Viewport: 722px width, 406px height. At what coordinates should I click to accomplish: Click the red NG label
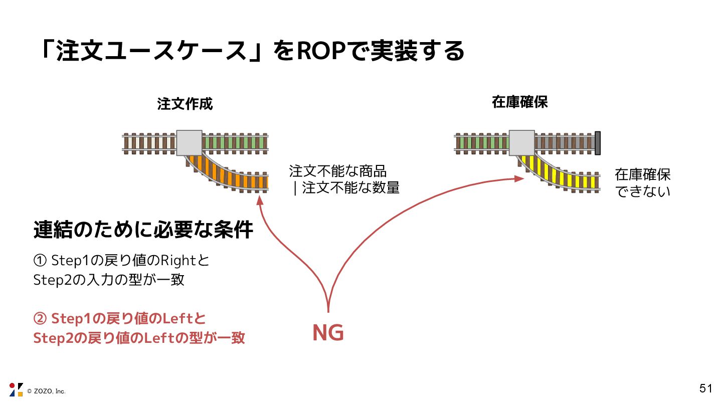click(328, 333)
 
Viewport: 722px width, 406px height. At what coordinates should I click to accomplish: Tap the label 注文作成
click(185, 104)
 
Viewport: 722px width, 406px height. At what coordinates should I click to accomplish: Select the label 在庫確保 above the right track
click(519, 102)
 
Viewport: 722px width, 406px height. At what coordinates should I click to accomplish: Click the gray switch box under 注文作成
click(189, 143)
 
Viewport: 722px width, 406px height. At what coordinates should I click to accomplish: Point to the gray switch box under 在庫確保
click(522, 142)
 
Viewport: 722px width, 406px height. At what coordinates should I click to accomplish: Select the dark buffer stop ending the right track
click(597, 142)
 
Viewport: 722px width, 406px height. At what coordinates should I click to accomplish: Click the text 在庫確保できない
click(642, 182)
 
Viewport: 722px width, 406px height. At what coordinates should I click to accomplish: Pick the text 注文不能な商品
click(338, 171)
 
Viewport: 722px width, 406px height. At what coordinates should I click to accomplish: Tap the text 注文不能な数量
click(350, 188)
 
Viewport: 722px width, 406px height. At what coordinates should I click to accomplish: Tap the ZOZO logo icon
click(16, 389)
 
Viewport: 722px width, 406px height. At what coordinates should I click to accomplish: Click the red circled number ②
click(40, 319)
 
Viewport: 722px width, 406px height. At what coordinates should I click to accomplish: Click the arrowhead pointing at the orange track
click(260, 200)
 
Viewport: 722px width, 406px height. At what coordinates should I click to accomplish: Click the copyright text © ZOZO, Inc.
click(46, 391)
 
